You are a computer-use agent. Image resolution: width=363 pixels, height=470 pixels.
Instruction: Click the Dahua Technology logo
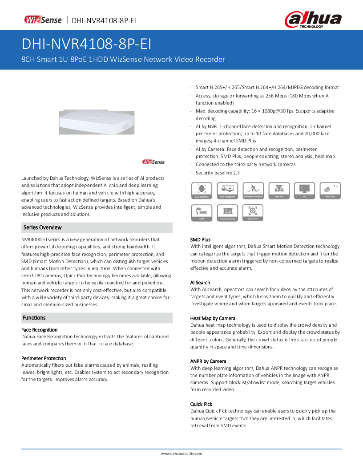pyautogui.click(x=313, y=20)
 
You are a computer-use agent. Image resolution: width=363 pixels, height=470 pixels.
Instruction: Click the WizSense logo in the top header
pyautogui.click(x=43, y=20)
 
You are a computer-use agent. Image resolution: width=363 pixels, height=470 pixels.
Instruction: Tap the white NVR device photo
pyautogui.click(x=96, y=122)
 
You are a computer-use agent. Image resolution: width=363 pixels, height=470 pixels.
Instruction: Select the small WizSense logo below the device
pyautogui.click(x=153, y=162)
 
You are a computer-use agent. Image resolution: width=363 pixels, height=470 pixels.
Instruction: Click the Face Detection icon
pyautogui.click(x=202, y=190)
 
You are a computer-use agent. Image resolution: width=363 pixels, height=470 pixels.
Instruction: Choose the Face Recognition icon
pyautogui.click(x=227, y=190)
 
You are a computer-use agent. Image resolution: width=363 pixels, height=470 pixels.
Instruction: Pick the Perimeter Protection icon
pyautogui.click(x=253, y=190)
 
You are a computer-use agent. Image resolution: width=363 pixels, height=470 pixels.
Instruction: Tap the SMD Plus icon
pyautogui.click(x=279, y=190)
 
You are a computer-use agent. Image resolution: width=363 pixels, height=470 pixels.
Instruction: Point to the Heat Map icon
pyautogui.click(x=330, y=190)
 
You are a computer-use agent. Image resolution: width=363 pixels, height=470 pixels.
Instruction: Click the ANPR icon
pyautogui.click(x=202, y=213)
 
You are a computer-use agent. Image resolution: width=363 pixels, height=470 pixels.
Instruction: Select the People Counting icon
pyautogui.click(x=227, y=213)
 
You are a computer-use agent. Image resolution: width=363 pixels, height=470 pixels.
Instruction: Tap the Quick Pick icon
pyautogui.click(x=253, y=213)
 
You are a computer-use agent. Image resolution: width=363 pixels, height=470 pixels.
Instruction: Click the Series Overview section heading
pyautogui.click(x=43, y=227)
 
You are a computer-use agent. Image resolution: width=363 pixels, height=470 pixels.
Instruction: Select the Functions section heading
pyautogui.click(x=34, y=318)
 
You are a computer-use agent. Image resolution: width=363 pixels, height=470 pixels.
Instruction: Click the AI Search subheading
pyautogui.click(x=200, y=283)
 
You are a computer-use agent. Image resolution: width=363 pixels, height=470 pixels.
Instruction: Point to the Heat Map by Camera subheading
pyautogui.click(x=213, y=318)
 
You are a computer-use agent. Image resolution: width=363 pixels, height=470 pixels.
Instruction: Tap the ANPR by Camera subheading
pyautogui.click(x=208, y=361)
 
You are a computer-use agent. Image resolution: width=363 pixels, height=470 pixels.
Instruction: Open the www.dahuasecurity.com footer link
pyautogui.click(x=181, y=454)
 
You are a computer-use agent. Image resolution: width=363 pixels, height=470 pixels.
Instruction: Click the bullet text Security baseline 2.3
pyautogui.click(x=218, y=173)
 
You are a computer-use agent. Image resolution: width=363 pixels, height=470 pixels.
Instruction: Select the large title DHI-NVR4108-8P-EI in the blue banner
pyautogui.click(x=87, y=45)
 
